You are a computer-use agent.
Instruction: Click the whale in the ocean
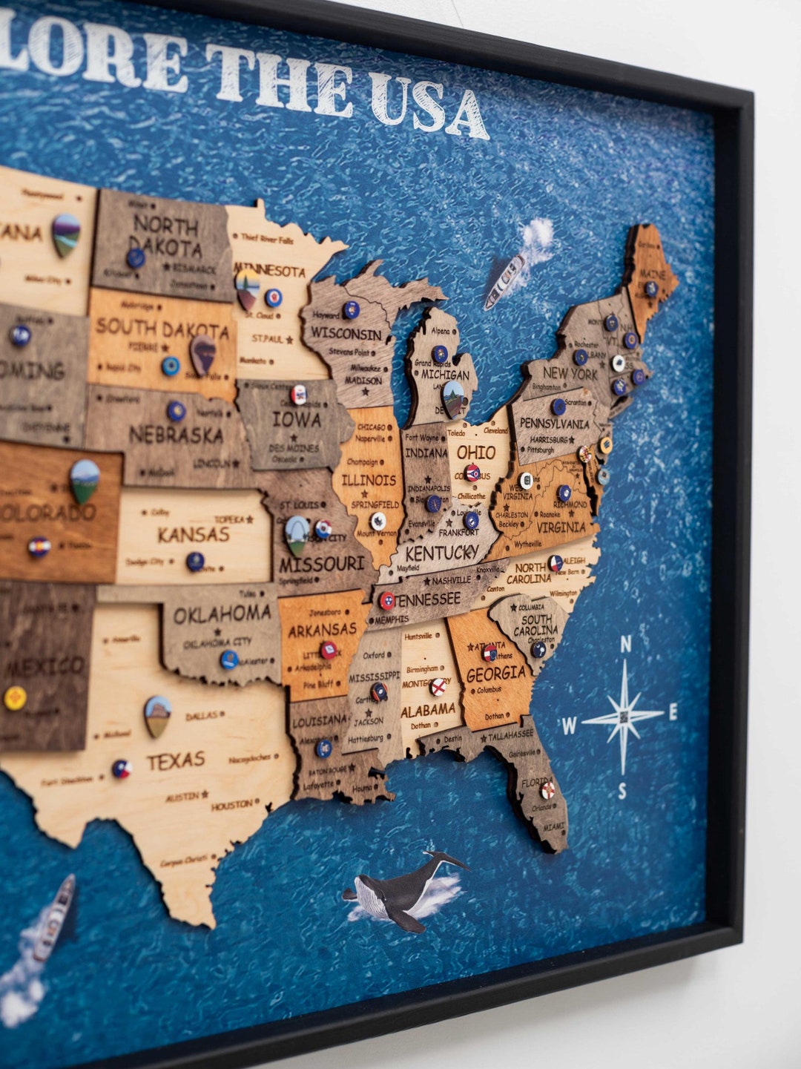click(401, 889)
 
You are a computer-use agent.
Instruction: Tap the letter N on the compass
click(625, 644)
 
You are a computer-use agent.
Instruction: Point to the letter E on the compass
click(673, 712)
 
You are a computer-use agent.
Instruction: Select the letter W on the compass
click(569, 726)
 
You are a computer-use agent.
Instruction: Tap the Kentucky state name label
click(442, 553)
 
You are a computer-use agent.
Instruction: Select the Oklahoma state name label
click(222, 614)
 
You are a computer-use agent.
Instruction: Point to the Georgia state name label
click(495, 674)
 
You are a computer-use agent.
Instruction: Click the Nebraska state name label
click(176, 435)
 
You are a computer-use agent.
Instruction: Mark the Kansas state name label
click(194, 534)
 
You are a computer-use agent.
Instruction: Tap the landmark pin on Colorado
click(85, 479)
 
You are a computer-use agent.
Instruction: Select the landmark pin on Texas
click(157, 714)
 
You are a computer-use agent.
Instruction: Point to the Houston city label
click(231, 805)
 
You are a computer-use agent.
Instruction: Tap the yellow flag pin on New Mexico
click(15, 697)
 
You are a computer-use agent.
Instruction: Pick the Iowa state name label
click(297, 419)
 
